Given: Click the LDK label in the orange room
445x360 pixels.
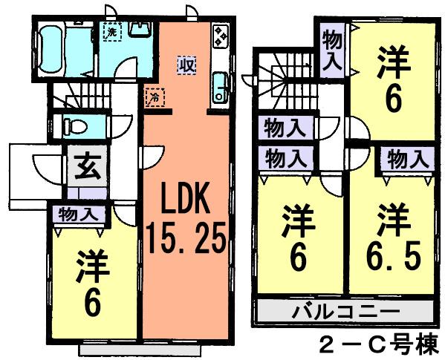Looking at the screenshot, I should tap(186, 202).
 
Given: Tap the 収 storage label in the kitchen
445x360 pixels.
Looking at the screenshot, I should tap(185, 65).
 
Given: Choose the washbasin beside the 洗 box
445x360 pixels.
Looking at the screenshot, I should tap(139, 31).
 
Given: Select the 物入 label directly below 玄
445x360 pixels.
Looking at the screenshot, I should tap(77, 215).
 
